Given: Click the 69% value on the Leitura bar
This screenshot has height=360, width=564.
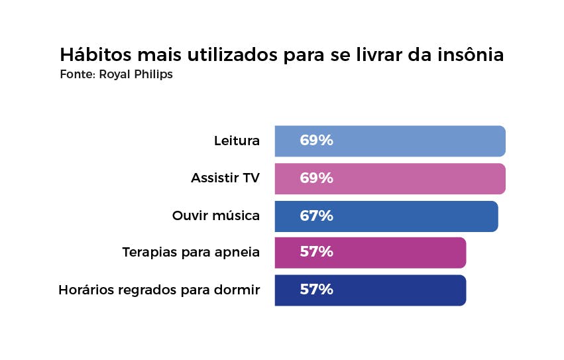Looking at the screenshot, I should [316, 141].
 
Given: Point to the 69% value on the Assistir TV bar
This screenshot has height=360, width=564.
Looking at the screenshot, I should [316, 178].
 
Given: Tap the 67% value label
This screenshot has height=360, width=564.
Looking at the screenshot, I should [316, 216].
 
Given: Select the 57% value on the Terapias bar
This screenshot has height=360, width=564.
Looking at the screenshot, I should [316, 253].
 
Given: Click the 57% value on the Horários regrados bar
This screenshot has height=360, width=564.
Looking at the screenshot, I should [316, 290].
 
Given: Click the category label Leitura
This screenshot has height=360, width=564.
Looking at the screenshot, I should [237, 141].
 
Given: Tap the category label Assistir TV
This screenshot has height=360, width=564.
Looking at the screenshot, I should [225, 178].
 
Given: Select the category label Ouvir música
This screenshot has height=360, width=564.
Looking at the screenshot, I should [216, 216].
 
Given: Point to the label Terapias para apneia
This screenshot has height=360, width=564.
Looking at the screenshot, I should [191, 253].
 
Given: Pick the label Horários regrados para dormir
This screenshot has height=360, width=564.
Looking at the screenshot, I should [159, 290].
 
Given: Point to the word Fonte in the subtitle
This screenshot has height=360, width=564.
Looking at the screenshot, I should [76, 74].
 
